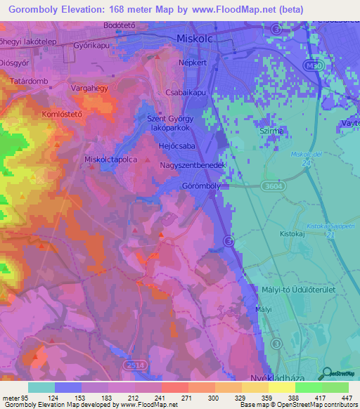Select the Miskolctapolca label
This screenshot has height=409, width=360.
pyautogui.click(x=111, y=160)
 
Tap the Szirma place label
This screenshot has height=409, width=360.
pyautogui.click(x=271, y=131)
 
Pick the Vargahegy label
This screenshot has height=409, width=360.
pyautogui.click(x=89, y=89)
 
